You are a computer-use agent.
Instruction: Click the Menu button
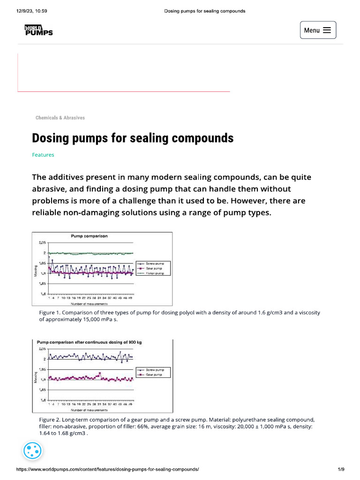coord(317,30)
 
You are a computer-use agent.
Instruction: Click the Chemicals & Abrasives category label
coord(60,118)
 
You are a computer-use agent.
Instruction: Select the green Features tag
coord(43,155)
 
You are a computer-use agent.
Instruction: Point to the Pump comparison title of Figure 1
coord(89,236)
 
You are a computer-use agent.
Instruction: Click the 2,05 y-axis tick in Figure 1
coord(42,243)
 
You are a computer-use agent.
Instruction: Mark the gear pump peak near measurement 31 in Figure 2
coord(99,373)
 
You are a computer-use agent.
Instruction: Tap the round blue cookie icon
coord(33,451)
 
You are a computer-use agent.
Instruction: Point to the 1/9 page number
coord(341,469)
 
